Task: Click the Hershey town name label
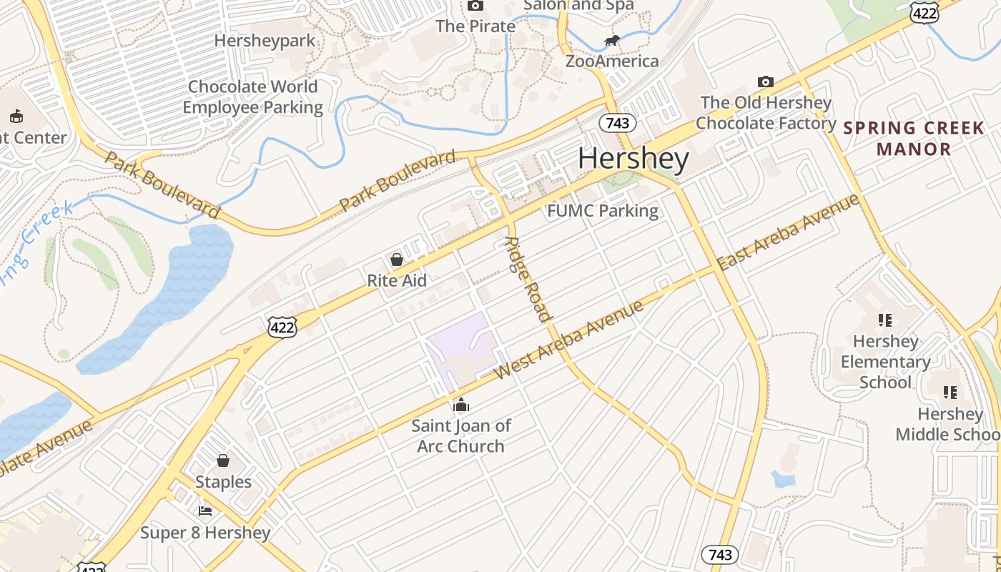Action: coord(633,158)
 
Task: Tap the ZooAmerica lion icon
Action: coord(611,41)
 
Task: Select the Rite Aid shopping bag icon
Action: coord(397,260)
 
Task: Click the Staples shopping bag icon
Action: coord(223,460)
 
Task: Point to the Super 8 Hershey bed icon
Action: coord(205,511)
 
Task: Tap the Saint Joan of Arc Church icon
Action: coord(461,405)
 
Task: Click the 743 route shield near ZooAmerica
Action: coord(617,123)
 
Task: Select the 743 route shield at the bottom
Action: coord(719,554)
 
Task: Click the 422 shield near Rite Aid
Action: coord(282,327)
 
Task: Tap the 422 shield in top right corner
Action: coord(924,11)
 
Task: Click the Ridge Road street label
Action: coord(528,279)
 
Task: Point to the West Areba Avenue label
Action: coord(568,340)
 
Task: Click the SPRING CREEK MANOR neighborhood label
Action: coord(914,139)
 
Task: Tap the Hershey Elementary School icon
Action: coord(885,320)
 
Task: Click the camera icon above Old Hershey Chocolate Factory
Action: coord(766,82)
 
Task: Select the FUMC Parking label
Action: coord(603,211)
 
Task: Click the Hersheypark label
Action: coord(265,41)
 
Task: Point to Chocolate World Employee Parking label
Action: coord(252,97)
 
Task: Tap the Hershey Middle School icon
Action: coord(950,393)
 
